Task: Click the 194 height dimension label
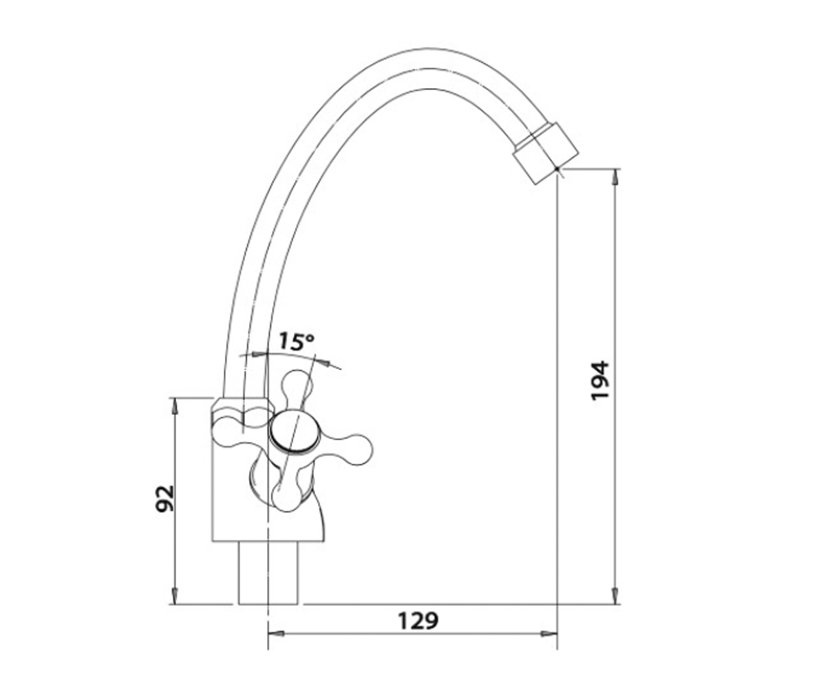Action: [600, 380]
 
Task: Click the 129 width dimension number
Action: [418, 621]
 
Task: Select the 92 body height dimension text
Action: [165, 499]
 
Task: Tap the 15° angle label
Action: [296, 341]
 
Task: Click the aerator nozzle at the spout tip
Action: [546, 153]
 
